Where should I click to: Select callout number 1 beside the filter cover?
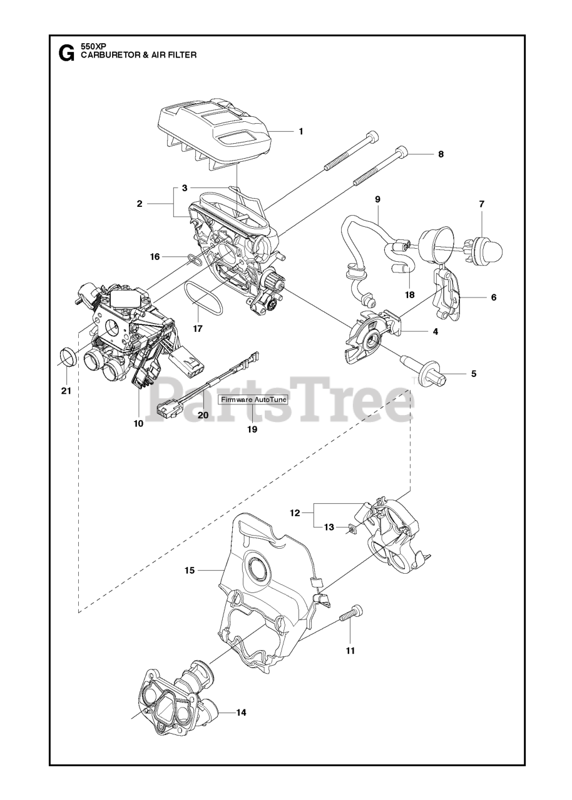click(x=300, y=131)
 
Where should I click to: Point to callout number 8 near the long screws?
click(x=441, y=154)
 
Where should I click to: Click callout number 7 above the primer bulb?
click(x=481, y=204)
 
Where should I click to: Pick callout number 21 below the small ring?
click(x=66, y=391)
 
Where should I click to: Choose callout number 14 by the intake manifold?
click(x=240, y=712)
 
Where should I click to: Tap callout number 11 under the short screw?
click(x=350, y=651)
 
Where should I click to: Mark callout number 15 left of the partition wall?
click(x=190, y=570)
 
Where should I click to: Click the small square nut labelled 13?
click(x=352, y=530)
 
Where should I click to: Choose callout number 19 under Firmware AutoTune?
click(x=252, y=429)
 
